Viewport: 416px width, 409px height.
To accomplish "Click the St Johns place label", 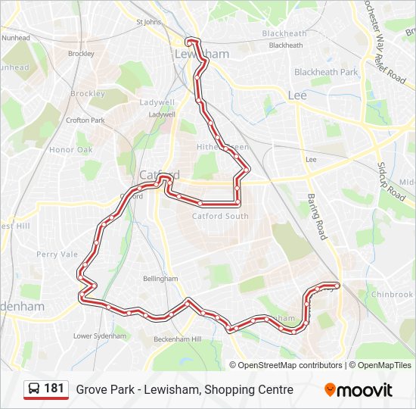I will [150, 22].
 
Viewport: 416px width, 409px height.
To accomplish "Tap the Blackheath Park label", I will [326, 72].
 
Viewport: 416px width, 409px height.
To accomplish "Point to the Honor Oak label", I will [70, 150].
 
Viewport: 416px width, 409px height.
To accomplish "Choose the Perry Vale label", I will [57, 254].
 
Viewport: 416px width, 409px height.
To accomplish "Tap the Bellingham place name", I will [160, 279].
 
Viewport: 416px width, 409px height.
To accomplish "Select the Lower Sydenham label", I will [100, 336].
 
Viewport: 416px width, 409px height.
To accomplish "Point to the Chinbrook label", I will [392, 295].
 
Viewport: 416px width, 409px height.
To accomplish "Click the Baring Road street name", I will [315, 217].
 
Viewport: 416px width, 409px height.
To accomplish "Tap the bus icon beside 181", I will [34, 389].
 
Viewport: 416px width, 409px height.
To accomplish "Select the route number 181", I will [54, 389].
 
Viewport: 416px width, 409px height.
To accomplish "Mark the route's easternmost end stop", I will [337, 285].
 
